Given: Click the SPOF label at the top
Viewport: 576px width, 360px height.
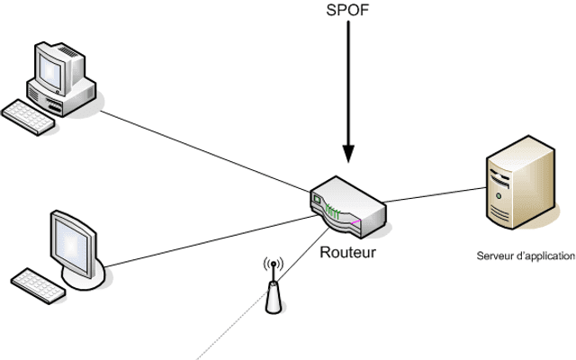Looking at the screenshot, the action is pyautogui.click(x=347, y=10).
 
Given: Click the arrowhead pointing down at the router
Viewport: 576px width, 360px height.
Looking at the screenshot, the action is pyautogui.click(x=348, y=154).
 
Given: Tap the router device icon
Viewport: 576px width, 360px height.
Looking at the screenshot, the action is pyautogui.click(x=348, y=207).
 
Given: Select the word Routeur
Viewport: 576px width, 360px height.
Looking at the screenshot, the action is pyautogui.click(x=348, y=252).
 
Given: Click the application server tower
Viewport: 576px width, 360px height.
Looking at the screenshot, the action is pyautogui.click(x=520, y=182).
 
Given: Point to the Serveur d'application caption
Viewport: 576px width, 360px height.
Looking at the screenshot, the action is pyautogui.click(x=526, y=256).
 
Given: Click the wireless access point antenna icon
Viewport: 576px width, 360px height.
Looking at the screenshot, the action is pyautogui.click(x=274, y=285).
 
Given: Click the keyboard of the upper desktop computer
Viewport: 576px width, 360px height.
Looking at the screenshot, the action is pyautogui.click(x=28, y=117).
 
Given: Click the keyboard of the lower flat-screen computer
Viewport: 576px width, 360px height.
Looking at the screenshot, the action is pyautogui.click(x=38, y=286).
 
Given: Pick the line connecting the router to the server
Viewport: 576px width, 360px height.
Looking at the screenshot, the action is pyautogui.click(x=435, y=194).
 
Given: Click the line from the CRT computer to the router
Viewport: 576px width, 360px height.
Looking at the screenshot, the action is pyautogui.click(x=205, y=151).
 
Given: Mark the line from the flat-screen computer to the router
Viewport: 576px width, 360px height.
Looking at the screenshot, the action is pyautogui.click(x=211, y=241).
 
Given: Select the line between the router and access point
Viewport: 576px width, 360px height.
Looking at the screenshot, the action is pyautogui.click(x=303, y=255).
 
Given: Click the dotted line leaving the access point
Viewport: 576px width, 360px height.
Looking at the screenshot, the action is pyautogui.click(x=232, y=325).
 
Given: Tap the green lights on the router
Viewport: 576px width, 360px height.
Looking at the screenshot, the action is pyautogui.click(x=332, y=212).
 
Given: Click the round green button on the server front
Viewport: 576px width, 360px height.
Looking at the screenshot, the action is pyautogui.click(x=499, y=196).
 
